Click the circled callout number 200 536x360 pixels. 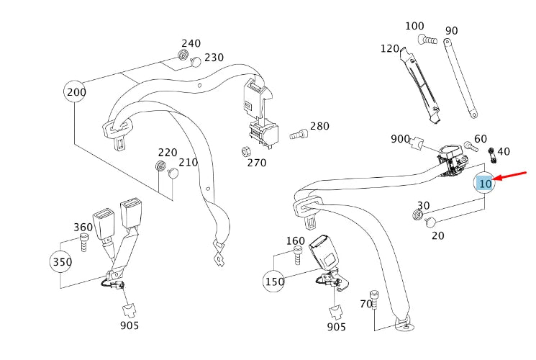click(76, 91)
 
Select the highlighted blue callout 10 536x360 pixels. click(486, 184)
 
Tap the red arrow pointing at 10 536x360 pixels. click(513, 177)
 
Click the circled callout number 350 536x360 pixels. click(62, 261)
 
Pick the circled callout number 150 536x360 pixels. click(274, 281)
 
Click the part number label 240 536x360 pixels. click(191, 44)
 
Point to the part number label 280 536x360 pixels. click(319, 127)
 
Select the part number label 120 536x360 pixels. click(389, 49)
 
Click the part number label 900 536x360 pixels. click(400, 139)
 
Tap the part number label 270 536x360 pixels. click(256, 163)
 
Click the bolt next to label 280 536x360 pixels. click(298, 133)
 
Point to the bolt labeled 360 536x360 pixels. click(84, 243)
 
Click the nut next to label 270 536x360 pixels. click(245, 152)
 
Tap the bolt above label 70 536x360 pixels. click(373, 297)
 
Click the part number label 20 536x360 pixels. click(438, 235)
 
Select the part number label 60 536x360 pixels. click(481, 139)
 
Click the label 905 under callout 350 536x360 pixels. click(130, 325)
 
